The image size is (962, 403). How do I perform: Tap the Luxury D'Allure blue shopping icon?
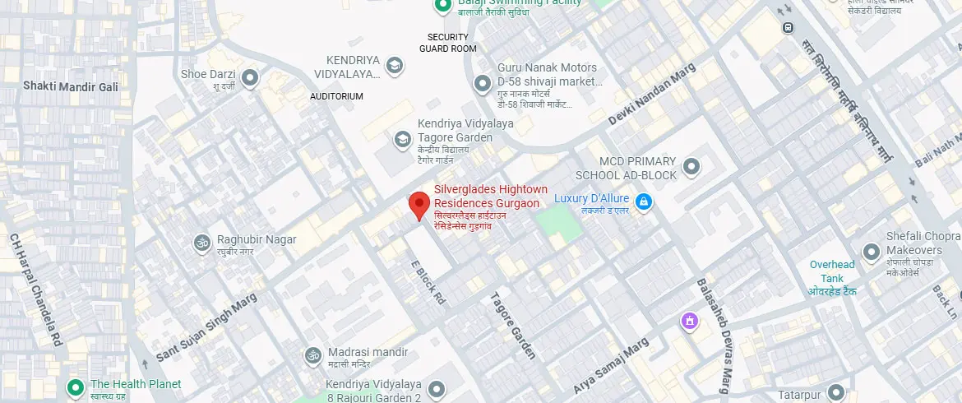click(x=645, y=201)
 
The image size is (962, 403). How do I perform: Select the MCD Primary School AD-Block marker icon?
click(x=691, y=167)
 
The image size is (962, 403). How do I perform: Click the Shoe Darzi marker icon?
click(x=250, y=78)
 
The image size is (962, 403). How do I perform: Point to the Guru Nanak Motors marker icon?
click(x=483, y=83)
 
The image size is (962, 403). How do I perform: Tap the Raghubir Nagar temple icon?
click(x=200, y=243)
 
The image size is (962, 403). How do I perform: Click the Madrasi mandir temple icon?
click(x=312, y=355)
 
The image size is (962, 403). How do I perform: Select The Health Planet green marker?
click(x=76, y=386)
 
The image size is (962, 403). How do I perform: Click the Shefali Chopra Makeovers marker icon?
click(x=872, y=251)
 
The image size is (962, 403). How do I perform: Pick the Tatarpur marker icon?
click(x=836, y=393)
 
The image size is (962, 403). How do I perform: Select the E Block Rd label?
click(x=428, y=283)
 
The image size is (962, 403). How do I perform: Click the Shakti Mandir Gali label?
click(x=71, y=86)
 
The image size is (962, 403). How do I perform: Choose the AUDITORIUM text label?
click(x=336, y=96)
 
